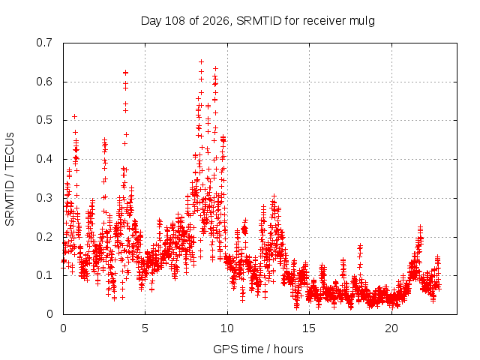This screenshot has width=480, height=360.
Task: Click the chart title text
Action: pos(258,21)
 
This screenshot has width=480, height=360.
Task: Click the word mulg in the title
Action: pos(361,22)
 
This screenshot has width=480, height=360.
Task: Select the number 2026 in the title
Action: pos(215,21)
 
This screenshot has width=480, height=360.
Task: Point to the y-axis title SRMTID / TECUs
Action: pos(10,179)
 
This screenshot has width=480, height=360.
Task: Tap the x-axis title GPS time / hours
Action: pos(258,349)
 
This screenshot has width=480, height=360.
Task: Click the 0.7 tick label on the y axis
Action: pos(44,43)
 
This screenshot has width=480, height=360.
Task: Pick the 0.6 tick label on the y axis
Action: pos(44,82)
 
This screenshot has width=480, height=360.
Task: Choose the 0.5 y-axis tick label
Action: pos(44,120)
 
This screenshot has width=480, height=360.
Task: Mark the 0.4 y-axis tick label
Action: pos(44,159)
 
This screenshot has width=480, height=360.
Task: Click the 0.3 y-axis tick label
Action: pos(44,198)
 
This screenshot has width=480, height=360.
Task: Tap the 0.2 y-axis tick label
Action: pos(44,237)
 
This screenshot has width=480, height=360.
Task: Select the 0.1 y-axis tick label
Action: pos(44,275)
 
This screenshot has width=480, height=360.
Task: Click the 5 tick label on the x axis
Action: pos(145,328)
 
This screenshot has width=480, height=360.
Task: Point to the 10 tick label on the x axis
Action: pos(226,328)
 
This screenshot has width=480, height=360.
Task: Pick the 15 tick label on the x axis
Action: pos(309,328)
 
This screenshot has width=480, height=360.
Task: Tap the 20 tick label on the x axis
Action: pos(391,328)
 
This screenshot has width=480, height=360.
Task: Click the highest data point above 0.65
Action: pos(201,61)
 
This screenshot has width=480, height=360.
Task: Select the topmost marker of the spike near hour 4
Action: pos(125,73)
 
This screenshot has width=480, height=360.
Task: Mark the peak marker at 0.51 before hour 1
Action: pos(74,117)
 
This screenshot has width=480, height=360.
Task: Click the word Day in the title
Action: pos(151,21)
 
